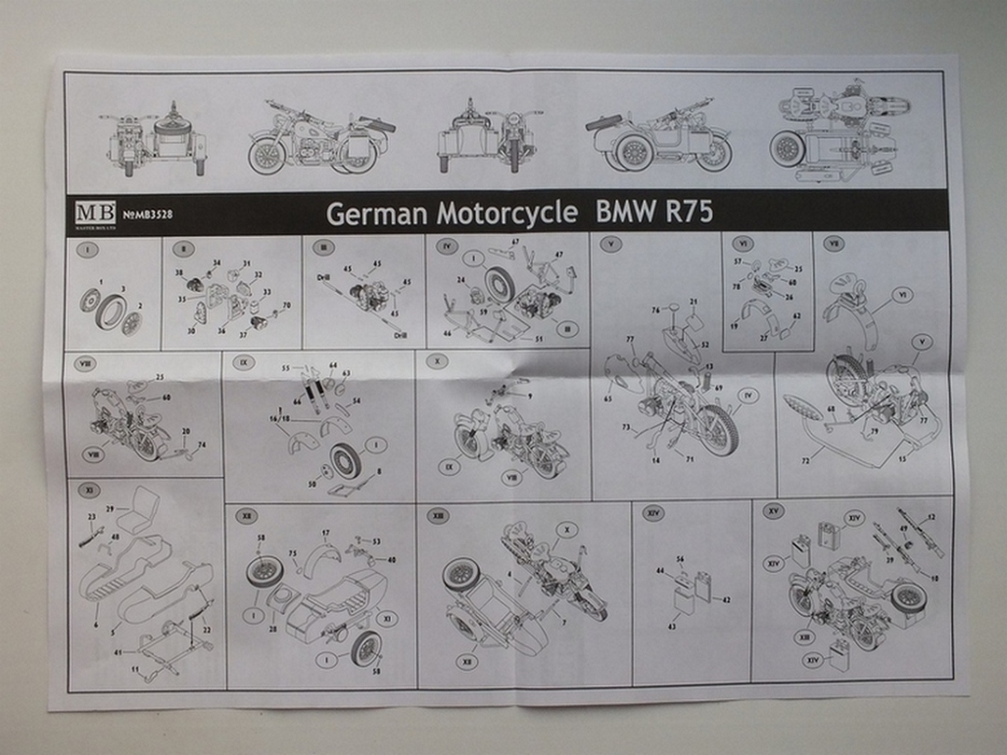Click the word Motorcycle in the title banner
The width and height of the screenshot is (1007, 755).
point(506,213)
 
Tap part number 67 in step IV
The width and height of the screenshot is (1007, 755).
point(514,243)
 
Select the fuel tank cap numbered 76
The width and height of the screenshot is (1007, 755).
point(669,311)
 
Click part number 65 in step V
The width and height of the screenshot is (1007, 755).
point(608,398)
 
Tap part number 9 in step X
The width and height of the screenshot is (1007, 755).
point(529,396)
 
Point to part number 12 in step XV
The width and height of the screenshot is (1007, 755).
point(930,517)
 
